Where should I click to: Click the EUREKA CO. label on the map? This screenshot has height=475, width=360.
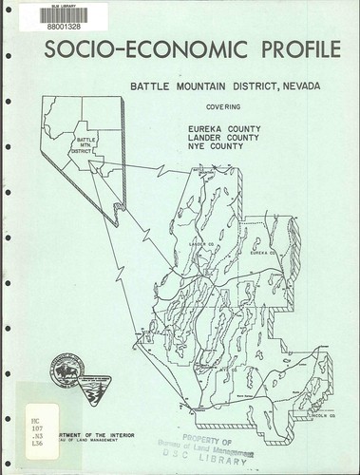[262, 253]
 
